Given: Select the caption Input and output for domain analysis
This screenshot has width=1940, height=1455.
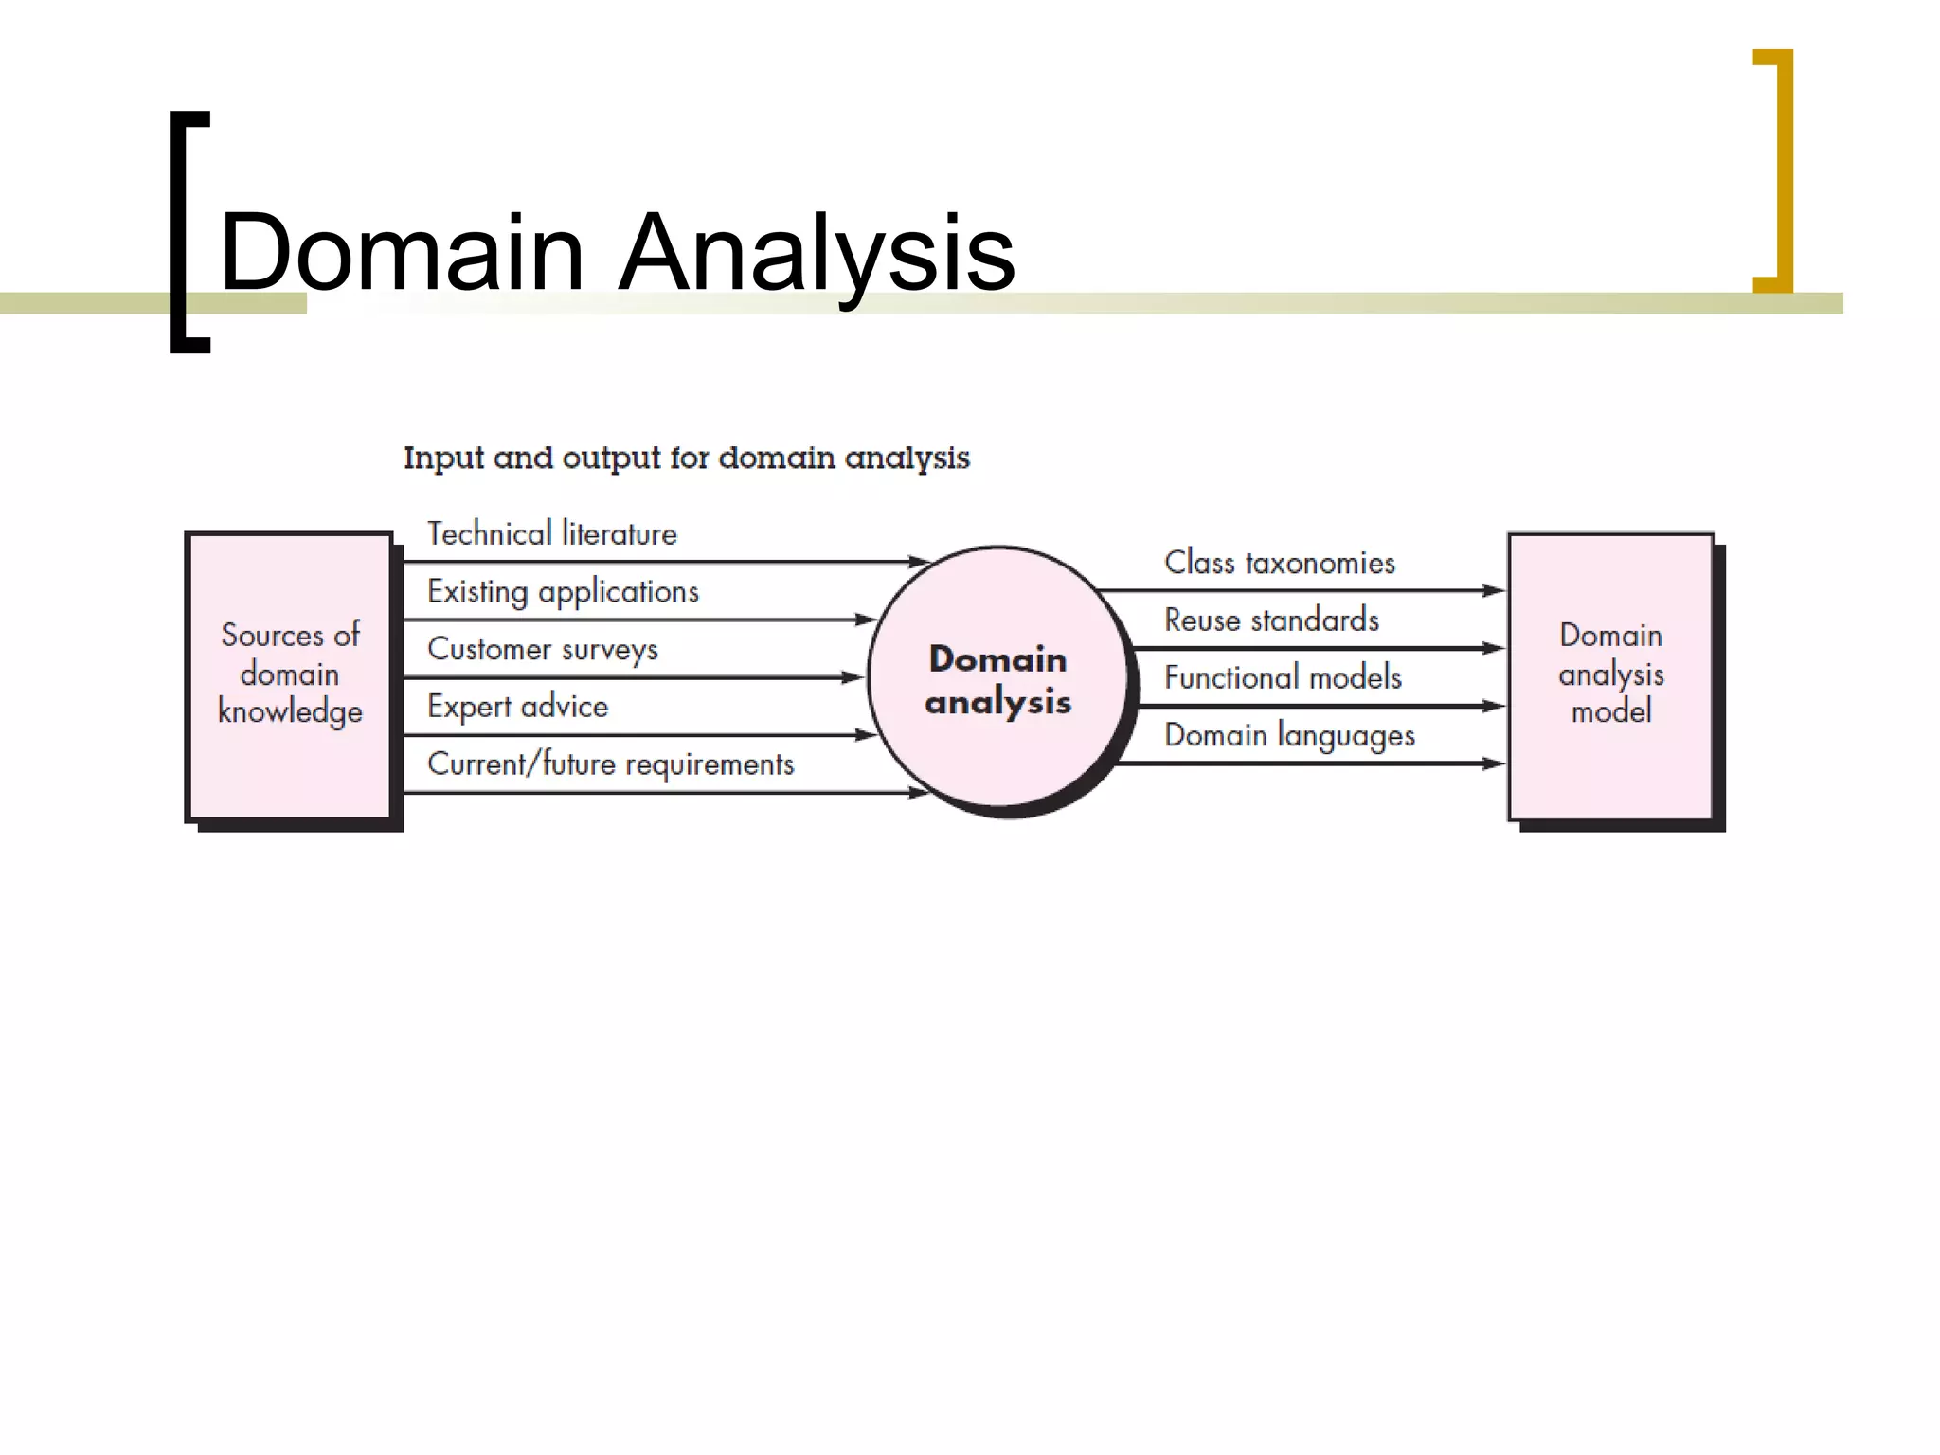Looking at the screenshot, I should point(687,458).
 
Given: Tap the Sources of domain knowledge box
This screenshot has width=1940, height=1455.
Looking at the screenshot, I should point(290,674).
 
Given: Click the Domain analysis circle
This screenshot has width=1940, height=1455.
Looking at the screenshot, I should point(998,680).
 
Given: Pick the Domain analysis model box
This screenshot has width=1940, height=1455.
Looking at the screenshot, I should point(1610,674).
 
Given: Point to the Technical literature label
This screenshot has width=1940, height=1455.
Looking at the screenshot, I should point(552,534).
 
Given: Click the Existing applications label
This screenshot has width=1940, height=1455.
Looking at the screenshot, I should point(563,592).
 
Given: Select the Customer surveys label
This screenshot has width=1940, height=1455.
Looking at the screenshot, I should point(542,650).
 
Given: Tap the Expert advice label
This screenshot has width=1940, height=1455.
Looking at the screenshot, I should point(517,707).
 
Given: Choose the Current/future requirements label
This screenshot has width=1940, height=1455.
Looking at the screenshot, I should point(611,764).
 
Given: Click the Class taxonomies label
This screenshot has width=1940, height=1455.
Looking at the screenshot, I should point(1280,563).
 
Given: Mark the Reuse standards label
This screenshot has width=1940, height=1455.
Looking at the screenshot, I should point(1271,620).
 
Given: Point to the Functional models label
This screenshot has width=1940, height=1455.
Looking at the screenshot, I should point(1283,678).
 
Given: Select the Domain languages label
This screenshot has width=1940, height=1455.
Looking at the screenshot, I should point(1289,736).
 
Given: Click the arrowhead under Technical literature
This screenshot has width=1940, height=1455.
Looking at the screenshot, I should point(917,562).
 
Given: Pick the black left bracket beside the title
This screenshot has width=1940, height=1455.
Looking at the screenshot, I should point(180,232).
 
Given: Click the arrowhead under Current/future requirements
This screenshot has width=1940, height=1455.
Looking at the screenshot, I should point(917,793).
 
